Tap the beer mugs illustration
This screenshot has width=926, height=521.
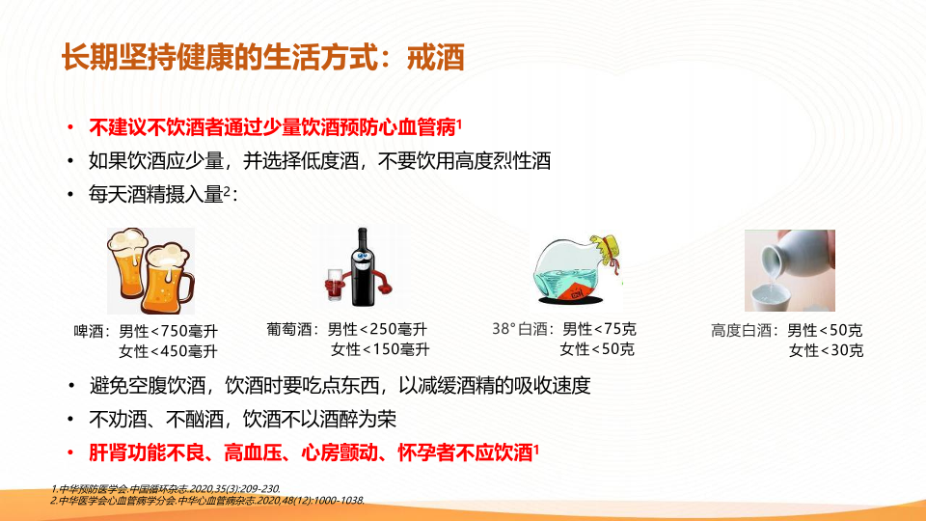[150, 271]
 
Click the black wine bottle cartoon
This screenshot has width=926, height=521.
[362, 267]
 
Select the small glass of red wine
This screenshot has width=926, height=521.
[335, 285]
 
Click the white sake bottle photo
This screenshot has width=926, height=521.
[790, 270]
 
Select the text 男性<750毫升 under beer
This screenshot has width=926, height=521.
[168, 331]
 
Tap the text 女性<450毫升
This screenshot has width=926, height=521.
[168, 351]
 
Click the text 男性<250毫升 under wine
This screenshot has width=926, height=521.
[377, 329]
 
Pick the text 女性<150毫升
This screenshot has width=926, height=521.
[380, 349]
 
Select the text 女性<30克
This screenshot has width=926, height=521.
[827, 350]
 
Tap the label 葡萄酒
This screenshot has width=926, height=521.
[288, 329]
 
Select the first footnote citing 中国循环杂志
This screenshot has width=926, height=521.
[165, 488]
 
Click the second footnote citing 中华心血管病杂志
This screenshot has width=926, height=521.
[207, 501]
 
